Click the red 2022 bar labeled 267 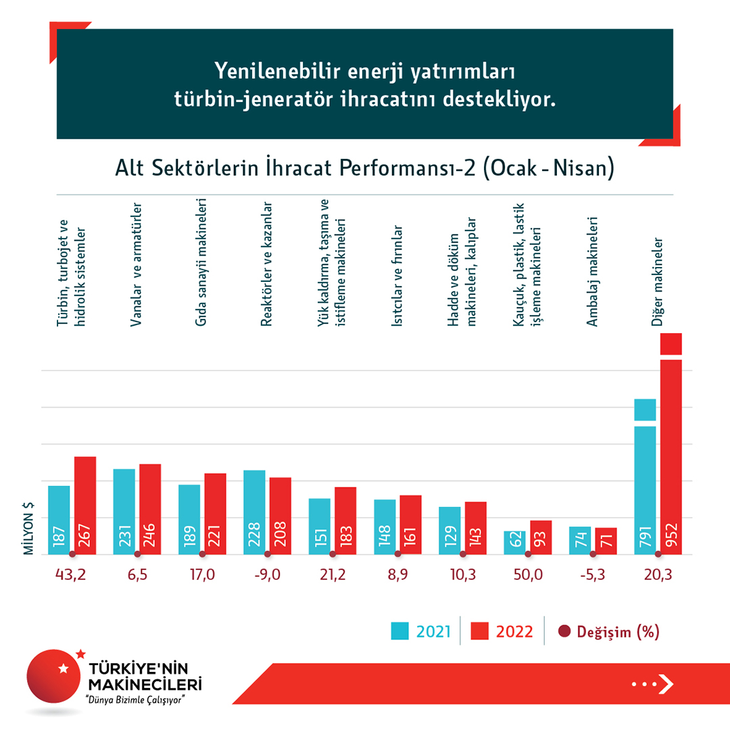[x=85, y=505]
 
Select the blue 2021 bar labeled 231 [x=124, y=511]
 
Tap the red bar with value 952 [x=671, y=453]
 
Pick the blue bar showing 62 [x=514, y=542]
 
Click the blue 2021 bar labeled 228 [x=254, y=512]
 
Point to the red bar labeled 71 [x=606, y=541]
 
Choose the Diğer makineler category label [x=656, y=281]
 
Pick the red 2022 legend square [x=481, y=631]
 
